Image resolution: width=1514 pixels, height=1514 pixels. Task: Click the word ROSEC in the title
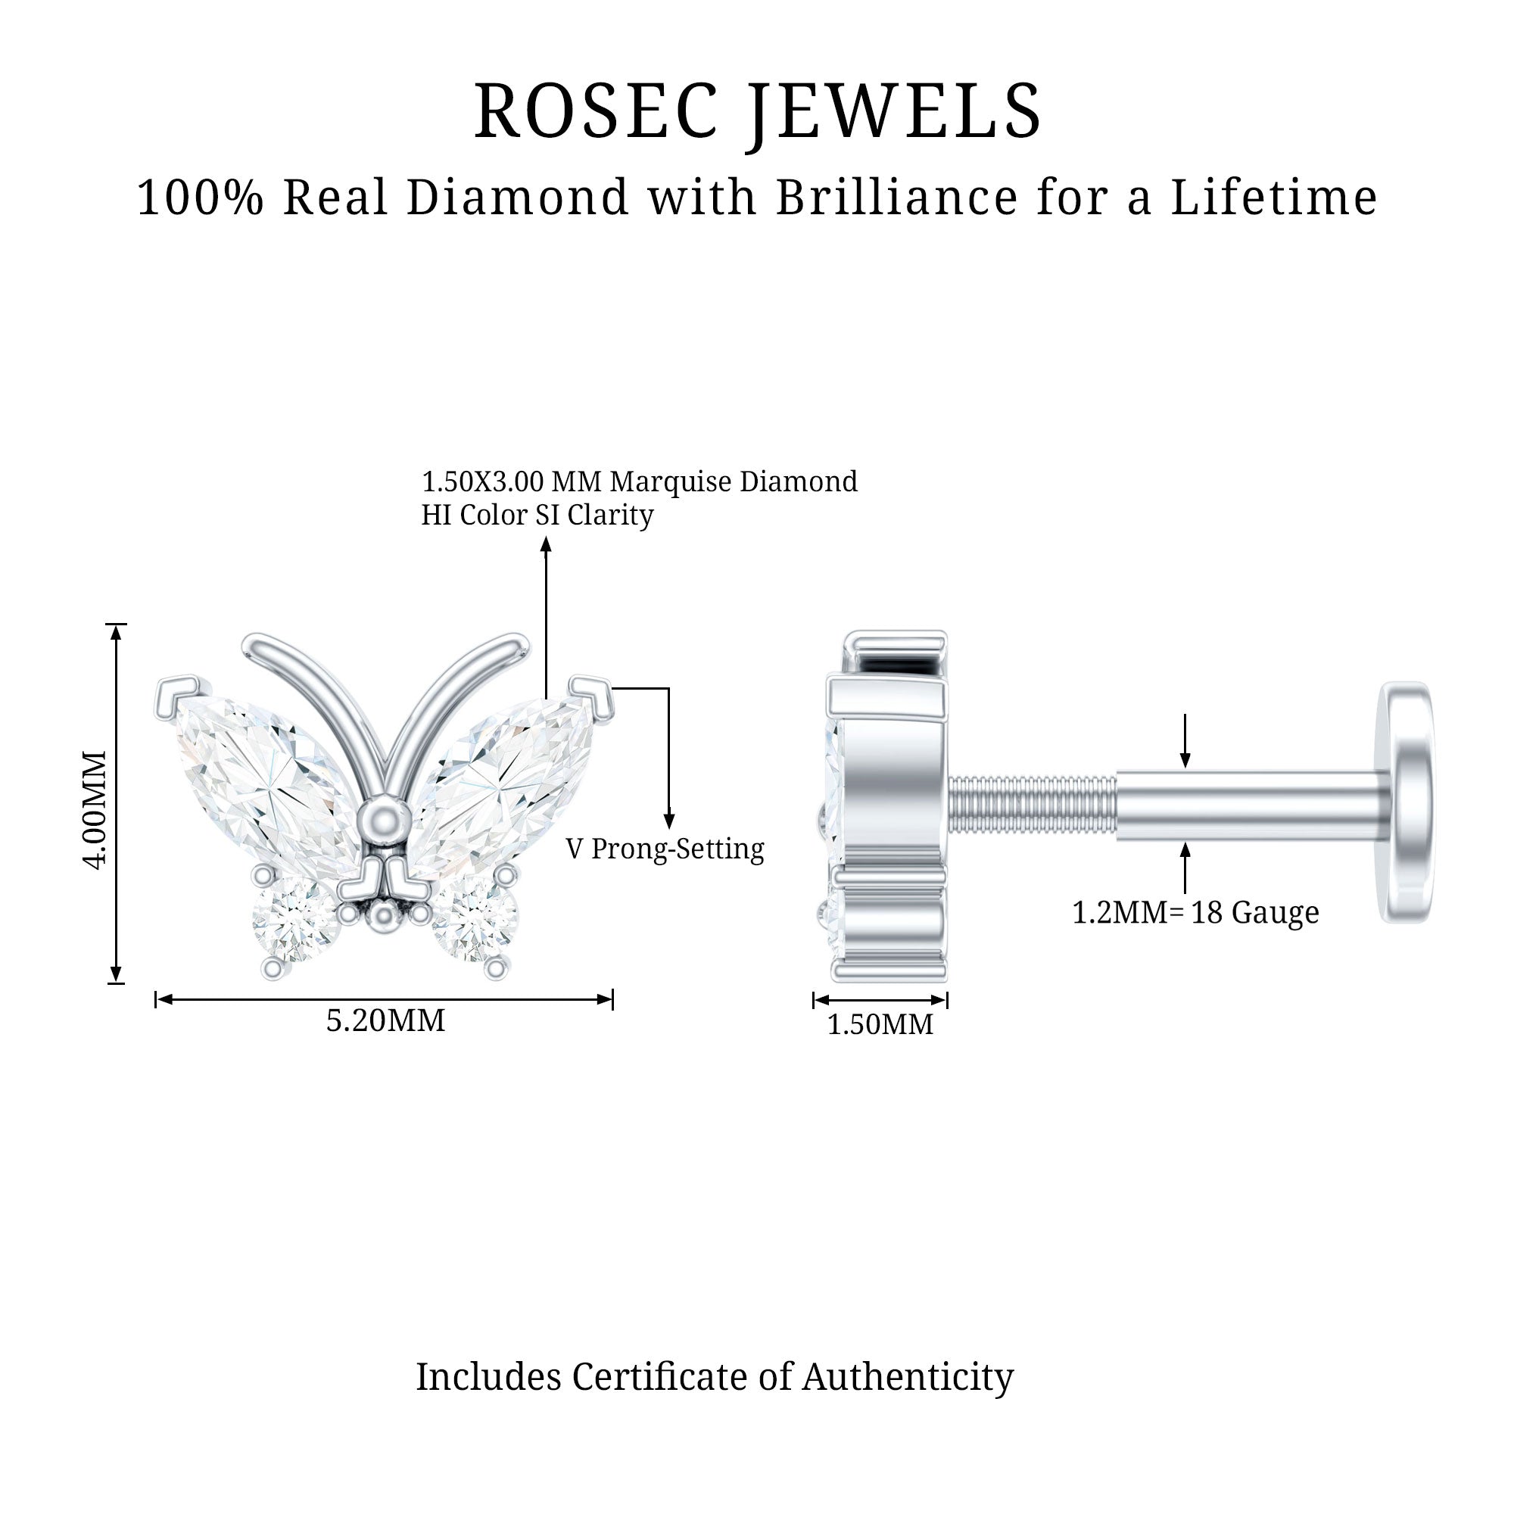pyautogui.click(x=596, y=111)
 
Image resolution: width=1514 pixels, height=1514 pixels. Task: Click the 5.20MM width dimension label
pyautogui.click(x=385, y=1020)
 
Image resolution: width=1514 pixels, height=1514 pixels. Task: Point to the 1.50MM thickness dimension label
pyautogui.click(x=880, y=1024)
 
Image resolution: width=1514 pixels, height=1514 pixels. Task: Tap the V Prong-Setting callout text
pyautogui.click(x=665, y=849)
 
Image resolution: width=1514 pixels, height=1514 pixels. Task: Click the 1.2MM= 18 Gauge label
pyautogui.click(x=1195, y=912)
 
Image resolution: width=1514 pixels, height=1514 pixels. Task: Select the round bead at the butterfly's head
pyautogui.click(x=383, y=820)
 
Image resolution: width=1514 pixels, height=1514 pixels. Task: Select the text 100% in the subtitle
pyautogui.click(x=201, y=197)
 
